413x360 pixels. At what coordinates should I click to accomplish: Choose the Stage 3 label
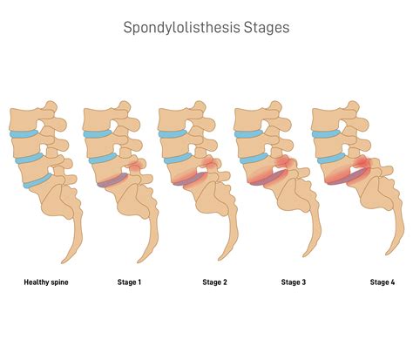(x=295, y=282)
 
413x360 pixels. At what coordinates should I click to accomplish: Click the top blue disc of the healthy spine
(x=28, y=134)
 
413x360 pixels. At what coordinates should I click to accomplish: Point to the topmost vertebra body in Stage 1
(x=98, y=118)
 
